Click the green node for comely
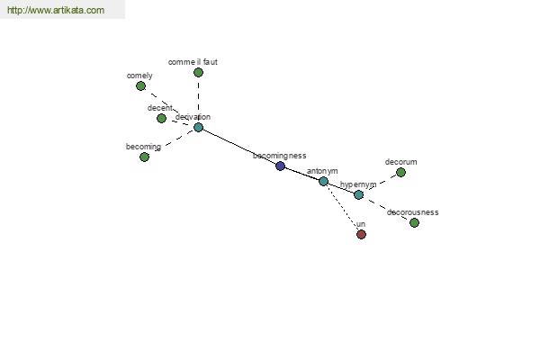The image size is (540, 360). (140, 85)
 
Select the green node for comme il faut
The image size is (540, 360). (198, 73)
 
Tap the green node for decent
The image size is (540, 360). (161, 118)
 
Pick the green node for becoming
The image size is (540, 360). (144, 157)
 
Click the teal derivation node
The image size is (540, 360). (198, 127)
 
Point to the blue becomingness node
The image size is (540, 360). (280, 166)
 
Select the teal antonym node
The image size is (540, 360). (323, 181)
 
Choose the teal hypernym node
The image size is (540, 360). (358, 194)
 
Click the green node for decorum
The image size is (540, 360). (400, 172)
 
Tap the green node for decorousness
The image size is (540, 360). (414, 222)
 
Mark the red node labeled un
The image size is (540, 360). (361, 234)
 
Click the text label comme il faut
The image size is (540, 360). (193, 62)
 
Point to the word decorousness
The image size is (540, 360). (412, 212)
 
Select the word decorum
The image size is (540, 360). (400, 162)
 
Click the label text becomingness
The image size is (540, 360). (279, 156)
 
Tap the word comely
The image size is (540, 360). (139, 76)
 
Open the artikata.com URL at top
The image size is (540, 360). (55, 11)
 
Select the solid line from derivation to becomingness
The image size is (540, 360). (238, 146)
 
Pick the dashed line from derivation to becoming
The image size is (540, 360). (171, 142)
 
